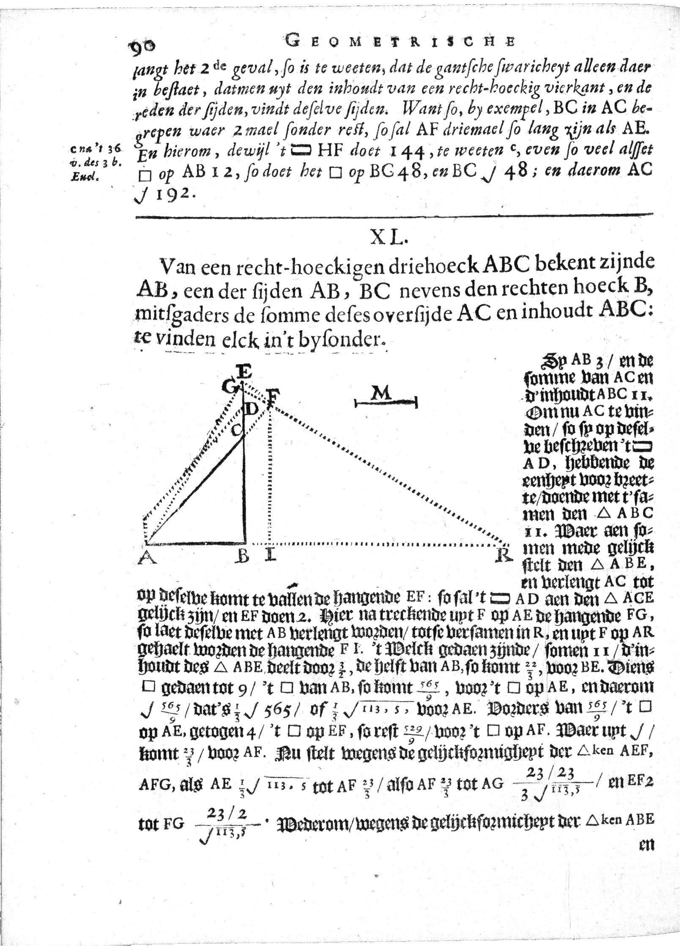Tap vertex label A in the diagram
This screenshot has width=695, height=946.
pyautogui.click(x=146, y=558)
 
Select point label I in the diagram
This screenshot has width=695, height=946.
pyautogui.click(x=270, y=557)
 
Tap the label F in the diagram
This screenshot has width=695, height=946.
pyautogui.click(x=272, y=398)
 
